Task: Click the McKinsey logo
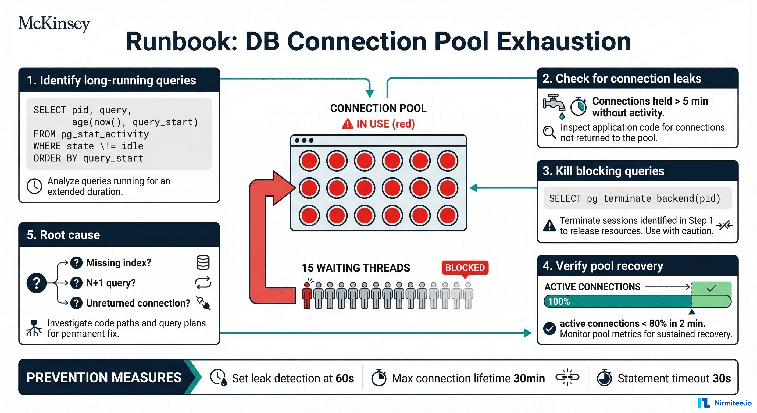pyautogui.click(x=54, y=23)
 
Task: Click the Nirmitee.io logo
pyautogui.click(x=724, y=403)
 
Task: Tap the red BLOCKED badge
pyautogui.click(x=465, y=268)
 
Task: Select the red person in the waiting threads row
pyautogui.click(x=307, y=295)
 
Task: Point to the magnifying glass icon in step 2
pyautogui.click(x=549, y=132)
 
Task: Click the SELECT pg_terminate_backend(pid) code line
pyautogui.click(x=634, y=198)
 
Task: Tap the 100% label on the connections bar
pyautogui.click(x=559, y=302)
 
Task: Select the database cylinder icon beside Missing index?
pyautogui.click(x=203, y=262)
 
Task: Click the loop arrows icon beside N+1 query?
pyautogui.click(x=203, y=283)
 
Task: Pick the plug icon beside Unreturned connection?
pyautogui.click(x=203, y=303)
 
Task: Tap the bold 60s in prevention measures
pyautogui.click(x=345, y=378)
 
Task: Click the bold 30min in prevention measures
pyautogui.click(x=529, y=378)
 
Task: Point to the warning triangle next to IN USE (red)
pyautogui.click(x=347, y=124)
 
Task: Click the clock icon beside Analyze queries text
pyautogui.click(x=34, y=186)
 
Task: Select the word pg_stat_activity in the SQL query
pyautogui.click(x=105, y=134)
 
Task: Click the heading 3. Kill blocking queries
pyautogui.click(x=603, y=171)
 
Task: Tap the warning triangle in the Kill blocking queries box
pyautogui.click(x=549, y=226)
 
